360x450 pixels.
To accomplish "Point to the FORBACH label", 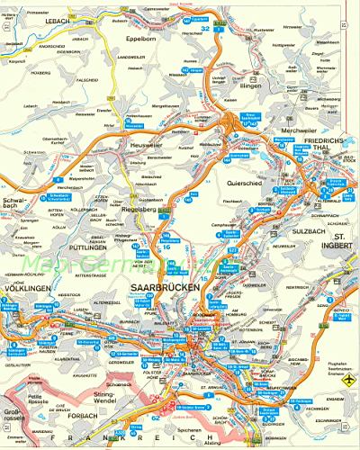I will pyautogui.click(x=78, y=416).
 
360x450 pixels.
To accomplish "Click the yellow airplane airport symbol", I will pyautogui.click(x=344, y=381).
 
